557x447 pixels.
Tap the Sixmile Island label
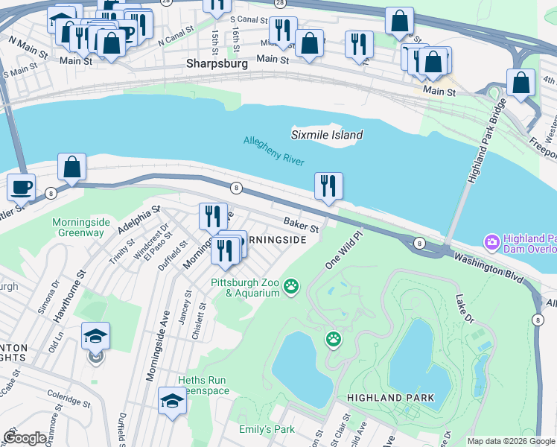pyautogui.click(x=326, y=135)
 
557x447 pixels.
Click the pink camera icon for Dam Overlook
pyautogui.click(x=491, y=241)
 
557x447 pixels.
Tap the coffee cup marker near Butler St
pyautogui.click(x=21, y=187)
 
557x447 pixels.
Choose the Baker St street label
pyautogui.click(x=301, y=224)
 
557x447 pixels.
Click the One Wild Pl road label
pyautogui.click(x=343, y=250)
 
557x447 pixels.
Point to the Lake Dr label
pyautogui.click(x=465, y=309)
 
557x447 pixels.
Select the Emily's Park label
pyautogui.click(x=267, y=429)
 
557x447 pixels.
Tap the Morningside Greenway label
pyautogui.click(x=78, y=227)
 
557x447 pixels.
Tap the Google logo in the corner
pyautogui.click(x=25, y=439)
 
